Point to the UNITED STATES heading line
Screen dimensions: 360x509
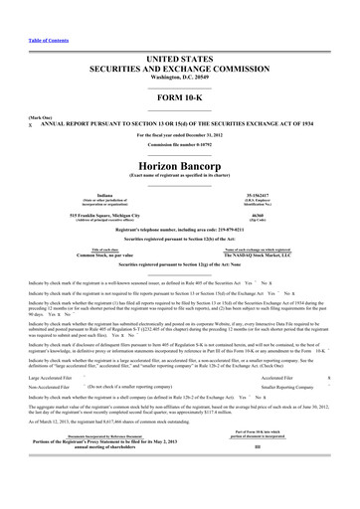(x=179, y=33)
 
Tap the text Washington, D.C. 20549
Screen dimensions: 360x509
(x=179, y=52)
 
